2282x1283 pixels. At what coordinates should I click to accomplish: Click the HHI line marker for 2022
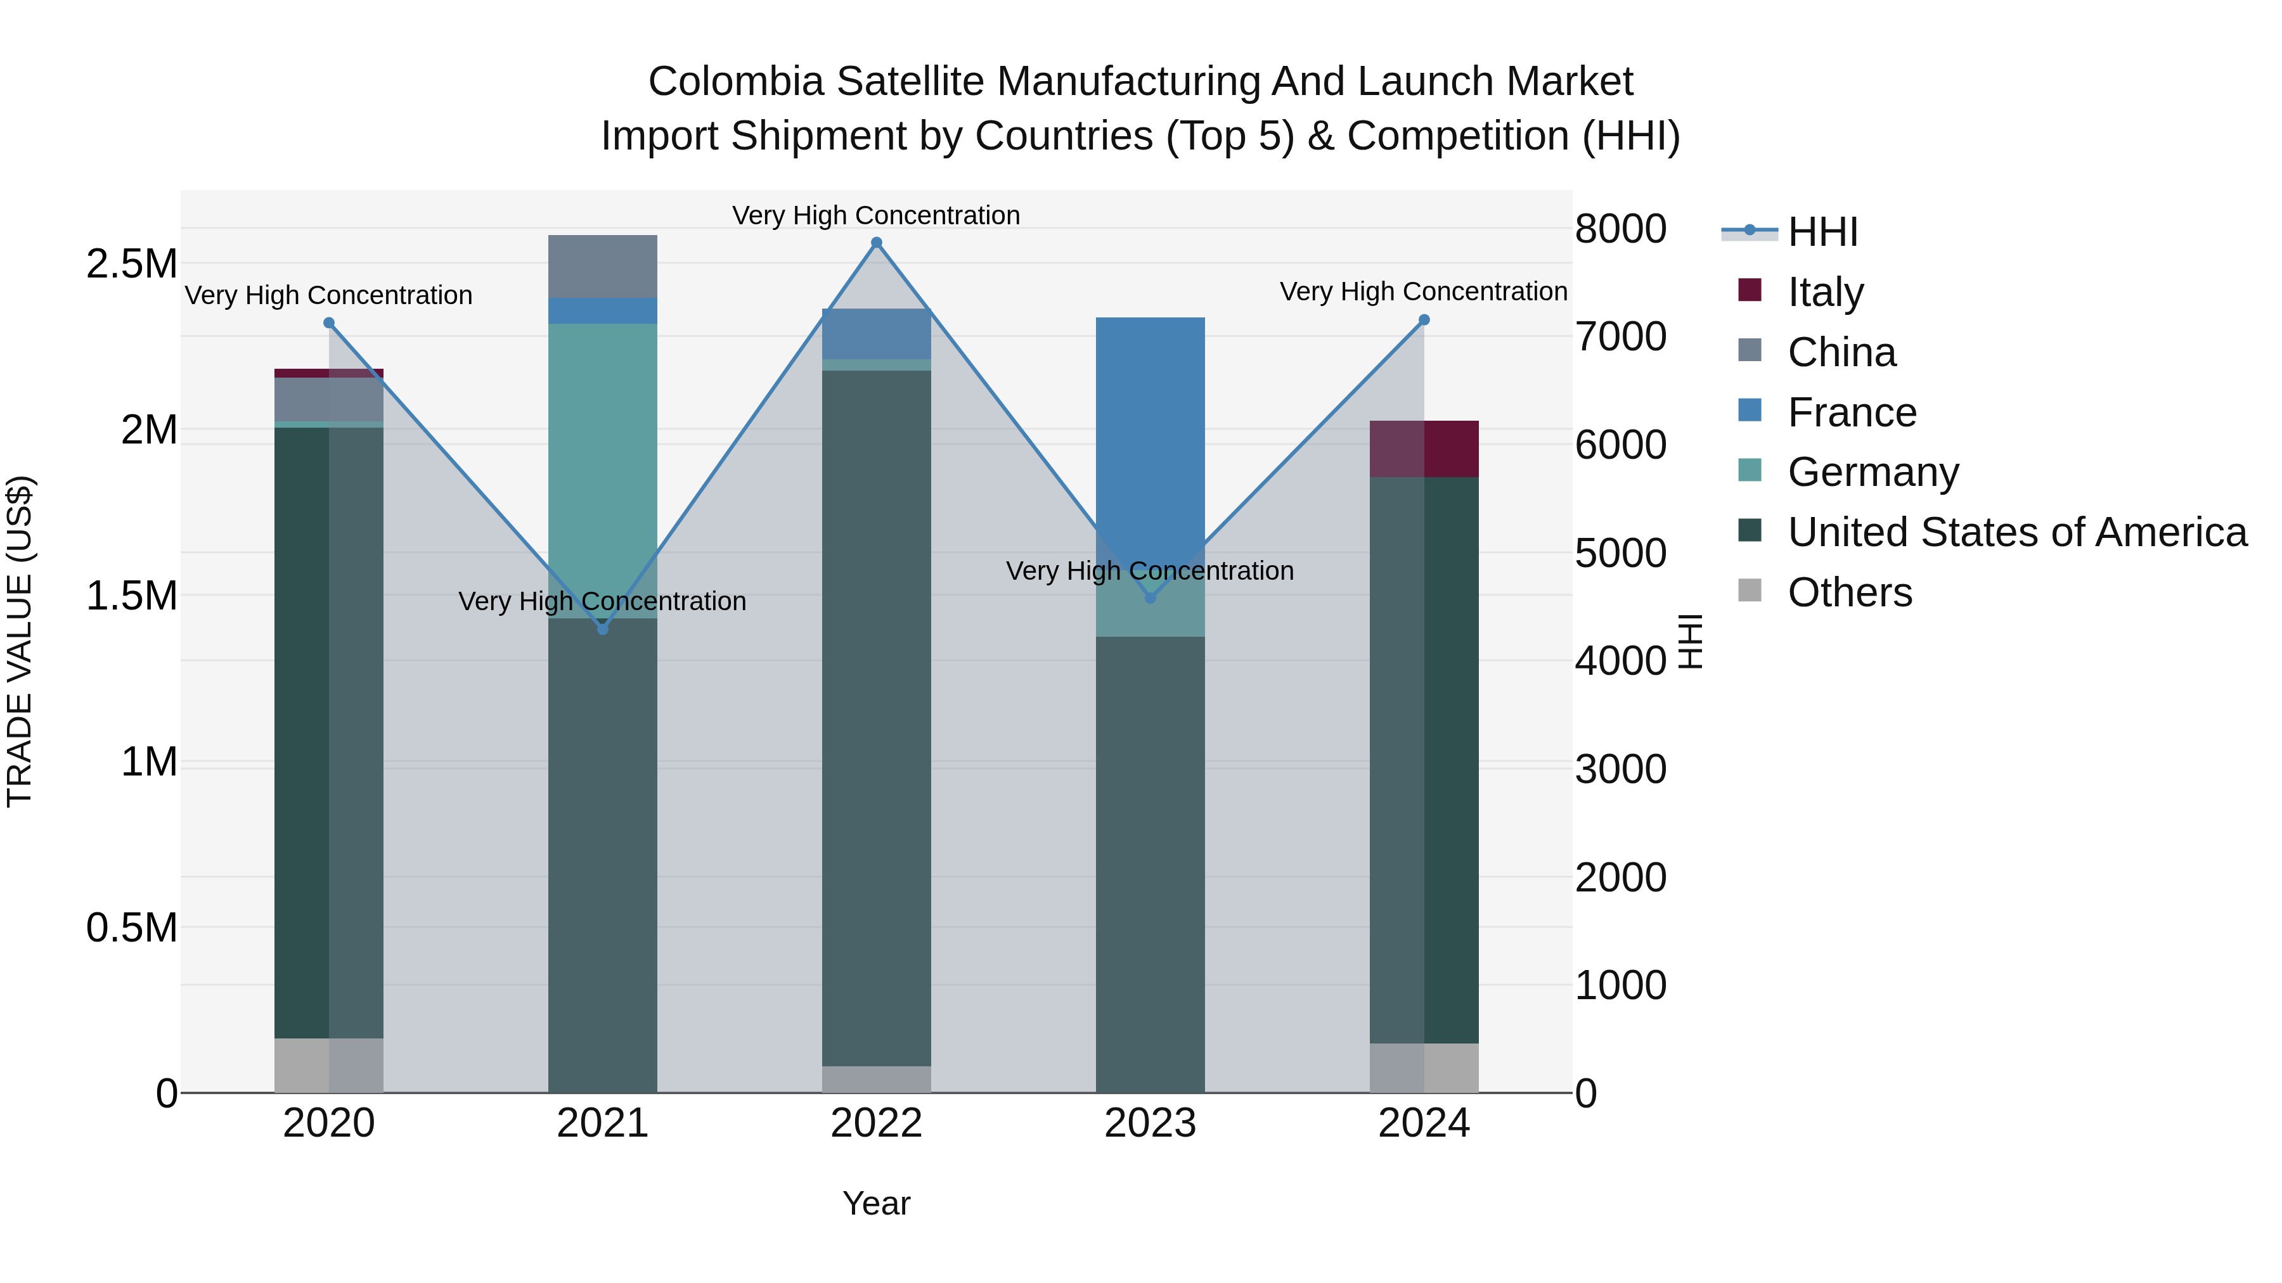876,243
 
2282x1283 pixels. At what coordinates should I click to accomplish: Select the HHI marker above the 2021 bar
602,629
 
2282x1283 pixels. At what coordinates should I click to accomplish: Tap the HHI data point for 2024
1424,320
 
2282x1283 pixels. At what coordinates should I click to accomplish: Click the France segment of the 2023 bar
1150,425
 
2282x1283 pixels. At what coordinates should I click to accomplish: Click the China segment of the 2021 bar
602,265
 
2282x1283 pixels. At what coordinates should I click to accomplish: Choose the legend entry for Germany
1873,472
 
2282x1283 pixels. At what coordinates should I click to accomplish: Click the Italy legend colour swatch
1750,290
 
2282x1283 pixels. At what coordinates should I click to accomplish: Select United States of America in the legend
2016,532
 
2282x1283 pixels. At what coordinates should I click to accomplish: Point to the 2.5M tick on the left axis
131,264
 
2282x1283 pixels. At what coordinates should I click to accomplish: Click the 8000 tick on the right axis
1620,229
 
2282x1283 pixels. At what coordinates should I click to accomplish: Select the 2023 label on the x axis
1150,1123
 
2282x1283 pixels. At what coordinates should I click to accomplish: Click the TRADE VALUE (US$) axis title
20,641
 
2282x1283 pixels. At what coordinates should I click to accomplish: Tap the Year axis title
876,1203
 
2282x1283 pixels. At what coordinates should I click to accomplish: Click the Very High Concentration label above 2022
876,215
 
